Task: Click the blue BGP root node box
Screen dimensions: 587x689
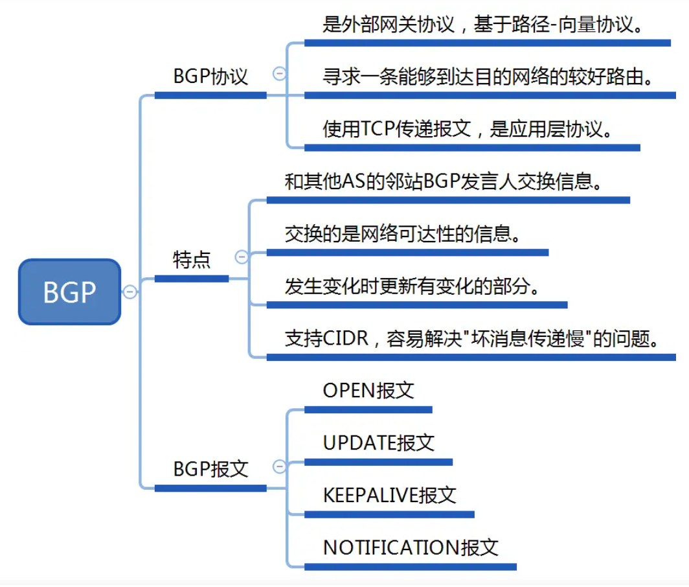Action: [x=69, y=292]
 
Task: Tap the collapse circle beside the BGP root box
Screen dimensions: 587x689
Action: [x=130, y=292]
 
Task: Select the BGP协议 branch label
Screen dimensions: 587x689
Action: [x=210, y=76]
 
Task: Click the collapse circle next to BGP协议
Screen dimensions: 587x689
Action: [x=280, y=74]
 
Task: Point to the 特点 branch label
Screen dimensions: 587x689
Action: [x=192, y=260]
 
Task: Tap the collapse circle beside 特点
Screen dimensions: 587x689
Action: [x=242, y=257]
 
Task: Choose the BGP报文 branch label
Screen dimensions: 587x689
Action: [x=210, y=468]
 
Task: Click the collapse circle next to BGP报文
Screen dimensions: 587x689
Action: [x=280, y=466]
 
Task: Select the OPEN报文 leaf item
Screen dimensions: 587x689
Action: [x=368, y=390]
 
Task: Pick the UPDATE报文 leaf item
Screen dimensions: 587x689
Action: [x=379, y=443]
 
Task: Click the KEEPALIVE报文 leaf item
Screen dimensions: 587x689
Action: [x=390, y=495]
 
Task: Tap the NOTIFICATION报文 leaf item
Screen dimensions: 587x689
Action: [x=411, y=547]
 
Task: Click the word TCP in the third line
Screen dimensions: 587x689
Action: [x=378, y=129]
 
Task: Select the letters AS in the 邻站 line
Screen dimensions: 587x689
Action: [x=351, y=181]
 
